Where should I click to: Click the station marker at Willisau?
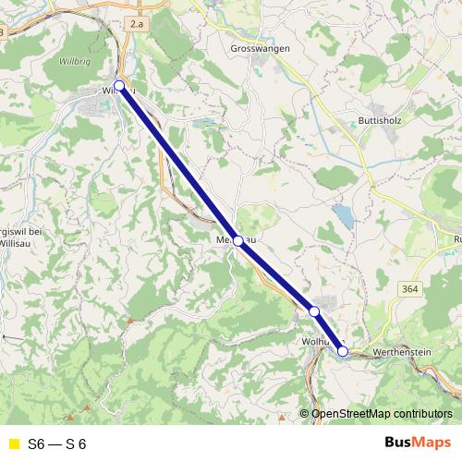(119, 86)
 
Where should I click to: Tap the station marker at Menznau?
(238, 240)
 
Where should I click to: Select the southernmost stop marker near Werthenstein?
(343, 351)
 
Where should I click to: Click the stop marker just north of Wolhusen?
(314, 311)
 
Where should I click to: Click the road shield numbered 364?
(411, 289)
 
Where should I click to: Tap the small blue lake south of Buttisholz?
(344, 216)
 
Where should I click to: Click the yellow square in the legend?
(13, 444)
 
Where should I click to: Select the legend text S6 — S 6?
(57, 444)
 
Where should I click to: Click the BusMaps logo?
(417, 444)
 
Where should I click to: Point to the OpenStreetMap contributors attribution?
(382, 414)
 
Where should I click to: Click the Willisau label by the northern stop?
(111, 91)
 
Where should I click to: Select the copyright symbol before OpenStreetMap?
(304, 414)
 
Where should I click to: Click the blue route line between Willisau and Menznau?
(178, 163)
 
